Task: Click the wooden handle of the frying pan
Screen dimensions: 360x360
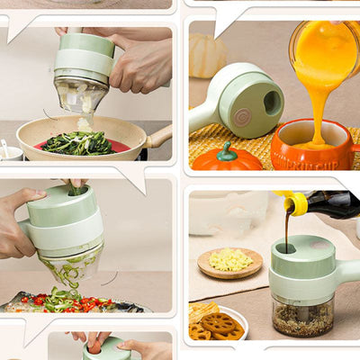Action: coord(159,137)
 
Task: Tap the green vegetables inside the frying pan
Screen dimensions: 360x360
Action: coord(80,142)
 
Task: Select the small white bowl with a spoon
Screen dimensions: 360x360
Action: coord(9,150)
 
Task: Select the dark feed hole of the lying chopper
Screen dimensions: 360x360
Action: coord(271,102)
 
